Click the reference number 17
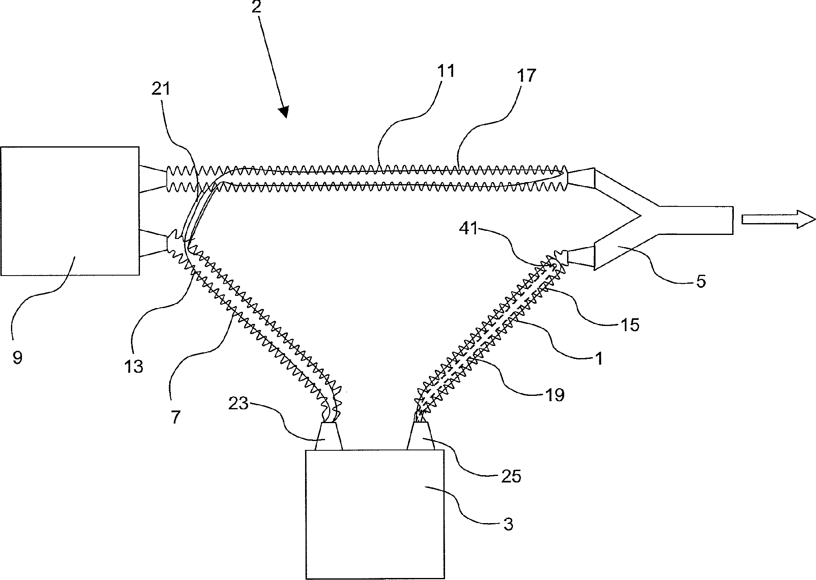[526, 76]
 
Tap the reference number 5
[700, 281]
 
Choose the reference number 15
[629, 324]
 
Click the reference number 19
[555, 394]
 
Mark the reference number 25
[511, 476]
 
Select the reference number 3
[508, 525]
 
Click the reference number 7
[175, 417]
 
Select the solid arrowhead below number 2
[285, 111]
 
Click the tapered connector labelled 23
[329, 436]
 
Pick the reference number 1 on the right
[598, 358]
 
